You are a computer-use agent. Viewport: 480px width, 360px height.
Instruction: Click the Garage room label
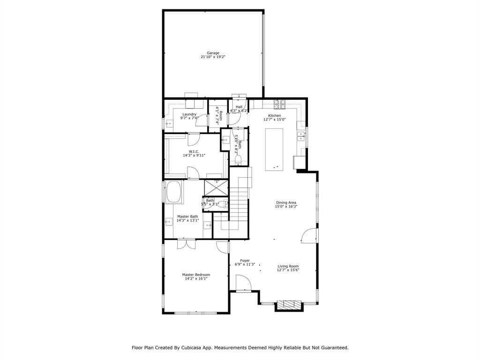coord(213,53)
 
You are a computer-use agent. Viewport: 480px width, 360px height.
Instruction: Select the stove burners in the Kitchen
coord(280,104)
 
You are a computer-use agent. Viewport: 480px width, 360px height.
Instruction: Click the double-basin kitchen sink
coord(301,136)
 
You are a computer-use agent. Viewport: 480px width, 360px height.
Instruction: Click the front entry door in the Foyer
coord(243,284)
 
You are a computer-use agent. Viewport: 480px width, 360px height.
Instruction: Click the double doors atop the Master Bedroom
coord(186,244)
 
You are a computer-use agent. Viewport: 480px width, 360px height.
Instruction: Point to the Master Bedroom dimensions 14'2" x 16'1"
coord(196,278)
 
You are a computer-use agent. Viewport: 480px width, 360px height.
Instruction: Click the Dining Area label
coord(286,202)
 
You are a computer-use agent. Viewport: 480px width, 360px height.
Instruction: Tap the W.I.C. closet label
coord(194,151)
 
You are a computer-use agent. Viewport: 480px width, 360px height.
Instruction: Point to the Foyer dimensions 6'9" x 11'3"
coord(245,264)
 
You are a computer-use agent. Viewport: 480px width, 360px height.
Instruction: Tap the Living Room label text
coord(288,266)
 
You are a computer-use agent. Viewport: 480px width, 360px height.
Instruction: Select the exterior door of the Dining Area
coord(309,236)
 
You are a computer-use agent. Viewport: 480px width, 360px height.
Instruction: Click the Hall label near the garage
coord(239,107)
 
